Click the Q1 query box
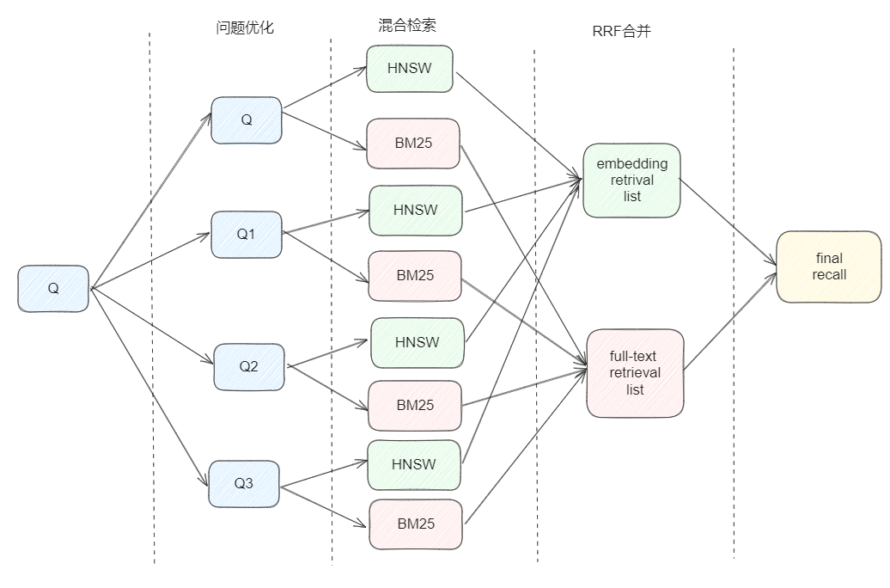point(247,234)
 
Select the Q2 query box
point(249,366)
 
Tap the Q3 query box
point(244,483)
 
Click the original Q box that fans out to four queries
point(53,289)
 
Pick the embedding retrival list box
point(631,180)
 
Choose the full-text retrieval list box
point(635,373)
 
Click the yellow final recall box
point(829,266)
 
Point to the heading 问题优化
point(245,28)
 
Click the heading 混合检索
point(407,25)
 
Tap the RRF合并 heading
point(621,31)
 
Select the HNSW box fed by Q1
point(416,211)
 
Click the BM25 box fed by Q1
point(415,276)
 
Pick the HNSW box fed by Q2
point(418,343)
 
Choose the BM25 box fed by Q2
point(415,405)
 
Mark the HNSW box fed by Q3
point(414,465)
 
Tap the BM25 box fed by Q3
point(416,524)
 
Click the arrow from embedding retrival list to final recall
point(728,222)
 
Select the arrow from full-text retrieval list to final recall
point(730,322)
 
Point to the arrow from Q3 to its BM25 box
point(324,506)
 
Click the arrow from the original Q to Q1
point(151,260)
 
